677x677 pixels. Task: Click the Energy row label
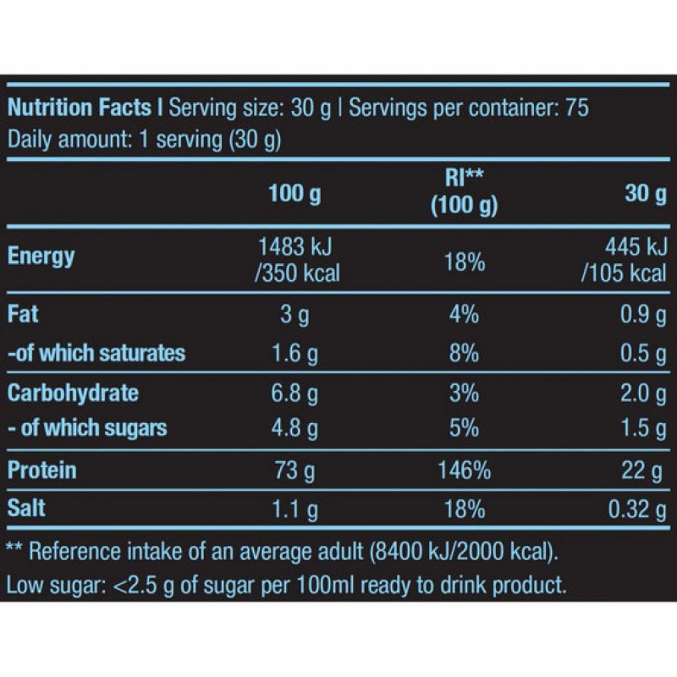point(41,256)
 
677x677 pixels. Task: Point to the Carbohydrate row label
point(73,394)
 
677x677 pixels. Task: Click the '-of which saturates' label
point(96,352)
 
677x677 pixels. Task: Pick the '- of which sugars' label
point(87,427)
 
